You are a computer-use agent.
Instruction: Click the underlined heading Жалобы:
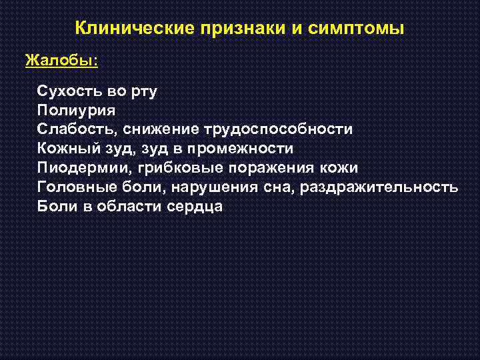pyautogui.click(x=62, y=61)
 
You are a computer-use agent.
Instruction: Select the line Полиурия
pyautogui.click(x=77, y=110)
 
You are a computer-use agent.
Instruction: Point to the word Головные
pyautogui.click(x=75, y=187)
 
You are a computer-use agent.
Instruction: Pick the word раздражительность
pyautogui.click(x=379, y=187)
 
